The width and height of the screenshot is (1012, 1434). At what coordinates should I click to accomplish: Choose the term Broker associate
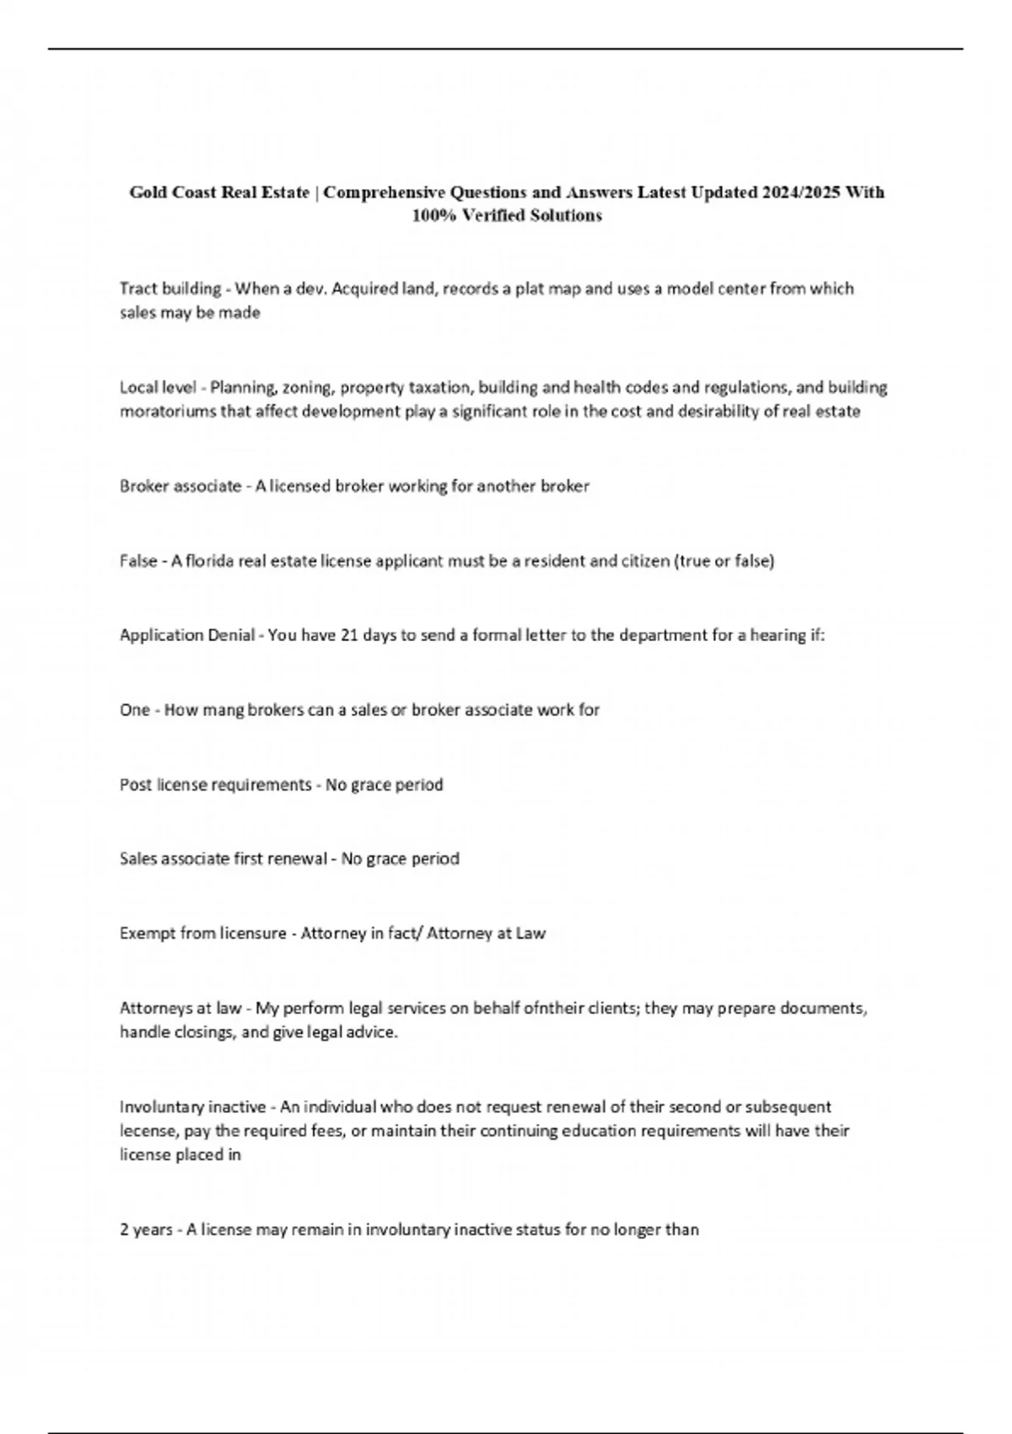tap(180, 486)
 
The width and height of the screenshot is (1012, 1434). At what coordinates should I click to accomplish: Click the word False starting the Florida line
tap(138, 560)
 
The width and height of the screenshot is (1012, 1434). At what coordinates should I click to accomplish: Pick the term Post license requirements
tap(216, 784)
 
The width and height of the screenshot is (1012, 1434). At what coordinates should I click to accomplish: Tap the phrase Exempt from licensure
tap(203, 933)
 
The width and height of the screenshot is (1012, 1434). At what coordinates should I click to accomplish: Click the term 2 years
tap(146, 1229)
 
